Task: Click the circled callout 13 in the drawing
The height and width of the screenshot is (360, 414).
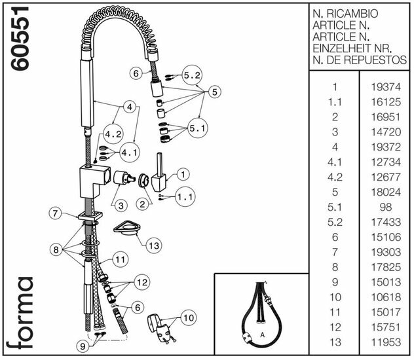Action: click(x=154, y=245)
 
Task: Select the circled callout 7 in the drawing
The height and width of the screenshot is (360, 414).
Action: click(x=56, y=213)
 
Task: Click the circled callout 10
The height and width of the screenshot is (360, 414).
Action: click(x=188, y=319)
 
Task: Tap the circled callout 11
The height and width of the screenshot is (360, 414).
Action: click(x=119, y=260)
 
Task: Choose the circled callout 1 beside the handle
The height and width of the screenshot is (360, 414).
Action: click(x=182, y=174)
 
